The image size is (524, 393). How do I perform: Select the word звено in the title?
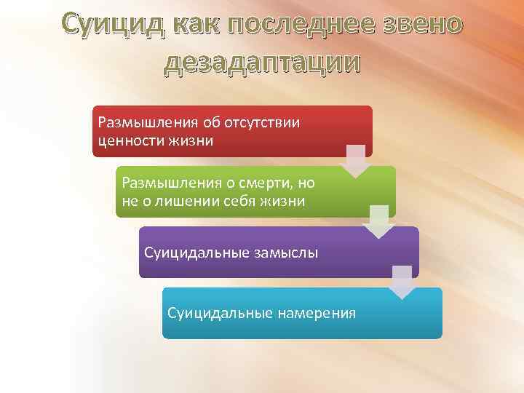point(419,24)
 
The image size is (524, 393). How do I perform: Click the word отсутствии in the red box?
point(274,122)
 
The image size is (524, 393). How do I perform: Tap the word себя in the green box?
point(239,200)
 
